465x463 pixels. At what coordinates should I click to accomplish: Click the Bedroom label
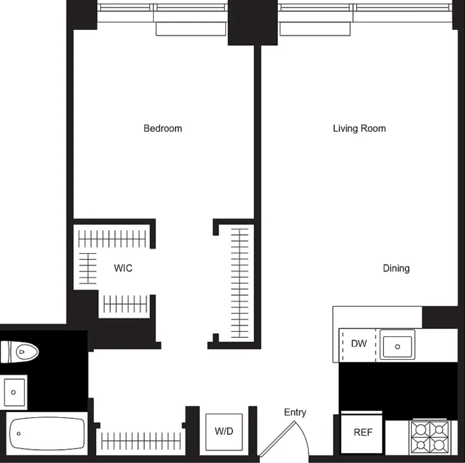[163, 128]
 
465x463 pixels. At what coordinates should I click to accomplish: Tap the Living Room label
[359, 128]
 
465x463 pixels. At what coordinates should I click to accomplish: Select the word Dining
[396, 268]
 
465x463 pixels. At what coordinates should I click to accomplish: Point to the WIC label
[123, 268]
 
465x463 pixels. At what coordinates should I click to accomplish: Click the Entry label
[295, 412]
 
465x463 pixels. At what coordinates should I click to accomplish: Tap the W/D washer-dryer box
[224, 432]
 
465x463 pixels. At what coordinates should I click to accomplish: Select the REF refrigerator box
[361, 432]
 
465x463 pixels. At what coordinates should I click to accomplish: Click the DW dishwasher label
[359, 343]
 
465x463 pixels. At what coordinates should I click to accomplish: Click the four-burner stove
[430, 437]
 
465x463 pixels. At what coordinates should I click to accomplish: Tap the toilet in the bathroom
[20, 352]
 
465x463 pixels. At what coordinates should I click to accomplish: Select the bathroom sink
[14, 392]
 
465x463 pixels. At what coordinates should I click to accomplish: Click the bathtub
[47, 434]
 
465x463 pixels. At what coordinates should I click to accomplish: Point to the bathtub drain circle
[19, 434]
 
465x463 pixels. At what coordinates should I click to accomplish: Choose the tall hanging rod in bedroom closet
[240, 283]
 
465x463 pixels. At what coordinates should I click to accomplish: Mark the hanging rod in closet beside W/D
[141, 441]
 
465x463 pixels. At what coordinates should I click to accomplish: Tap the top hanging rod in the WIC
[112, 239]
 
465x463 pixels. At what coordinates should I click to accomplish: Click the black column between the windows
[253, 23]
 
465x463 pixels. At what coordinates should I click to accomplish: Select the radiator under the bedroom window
[191, 29]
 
